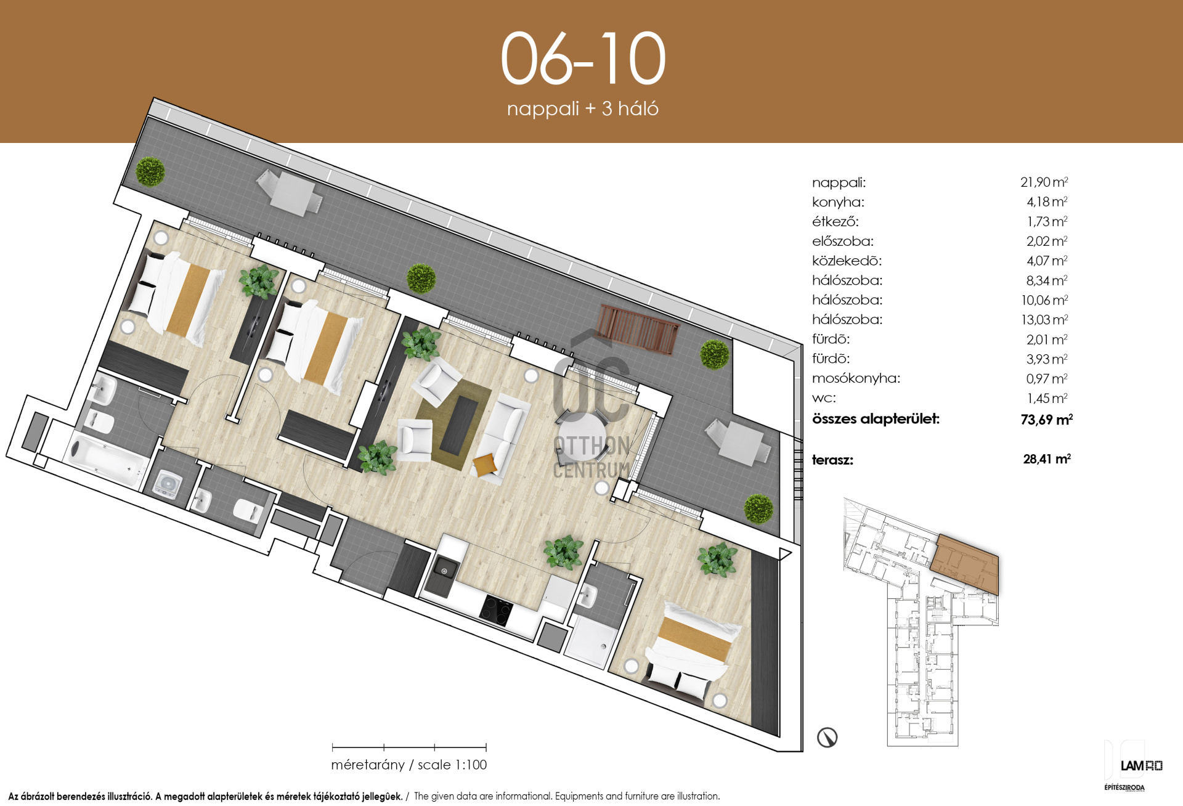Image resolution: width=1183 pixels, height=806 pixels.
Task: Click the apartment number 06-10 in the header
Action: (x=583, y=59)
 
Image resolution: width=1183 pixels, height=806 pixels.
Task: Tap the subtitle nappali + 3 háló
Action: (x=583, y=108)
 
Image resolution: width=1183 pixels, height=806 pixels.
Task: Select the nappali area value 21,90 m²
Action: (x=1044, y=182)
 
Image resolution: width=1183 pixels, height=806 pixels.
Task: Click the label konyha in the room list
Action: (x=838, y=202)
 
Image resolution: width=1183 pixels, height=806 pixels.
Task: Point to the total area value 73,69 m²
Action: (x=1046, y=420)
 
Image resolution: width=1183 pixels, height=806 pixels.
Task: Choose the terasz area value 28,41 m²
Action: (x=1047, y=459)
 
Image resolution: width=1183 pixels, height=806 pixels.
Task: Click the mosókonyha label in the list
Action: (x=856, y=378)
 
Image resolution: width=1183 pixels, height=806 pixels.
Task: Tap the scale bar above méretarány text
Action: (x=409, y=747)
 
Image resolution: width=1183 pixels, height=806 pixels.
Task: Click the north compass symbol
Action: (x=827, y=737)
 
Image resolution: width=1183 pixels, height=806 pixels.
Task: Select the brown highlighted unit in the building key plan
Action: (x=965, y=564)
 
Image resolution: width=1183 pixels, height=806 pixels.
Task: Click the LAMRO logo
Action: (x=1141, y=766)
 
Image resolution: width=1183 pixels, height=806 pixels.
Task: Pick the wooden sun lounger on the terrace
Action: (x=637, y=329)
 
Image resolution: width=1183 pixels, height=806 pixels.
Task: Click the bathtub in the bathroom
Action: (x=106, y=459)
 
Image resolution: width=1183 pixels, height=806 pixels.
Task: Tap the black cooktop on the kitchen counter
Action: (x=496, y=610)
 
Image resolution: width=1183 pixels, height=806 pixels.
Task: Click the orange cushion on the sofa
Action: (x=485, y=464)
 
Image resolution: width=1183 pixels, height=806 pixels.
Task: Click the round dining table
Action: (x=582, y=436)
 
